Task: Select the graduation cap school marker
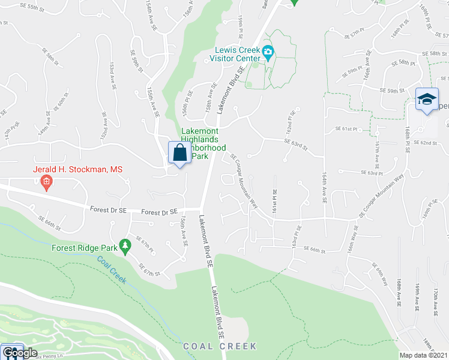tap(427, 100)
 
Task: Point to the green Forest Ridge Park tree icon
tap(125, 245)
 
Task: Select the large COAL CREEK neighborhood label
tap(220, 346)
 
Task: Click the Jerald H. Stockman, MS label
tap(77, 170)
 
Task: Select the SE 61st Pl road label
tap(346, 129)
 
